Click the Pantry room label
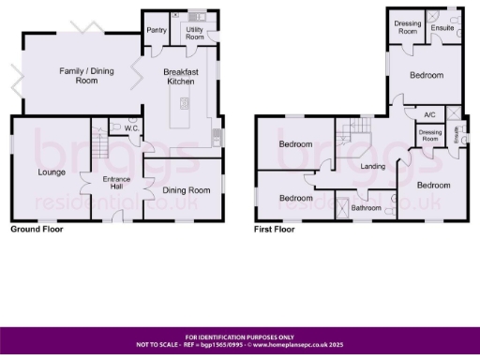(x=156, y=29)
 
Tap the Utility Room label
(x=194, y=33)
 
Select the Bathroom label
(x=367, y=207)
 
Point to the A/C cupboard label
(x=429, y=114)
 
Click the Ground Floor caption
(x=37, y=229)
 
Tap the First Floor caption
(x=274, y=229)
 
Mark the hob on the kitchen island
(x=185, y=103)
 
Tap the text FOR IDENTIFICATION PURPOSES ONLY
(x=239, y=337)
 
